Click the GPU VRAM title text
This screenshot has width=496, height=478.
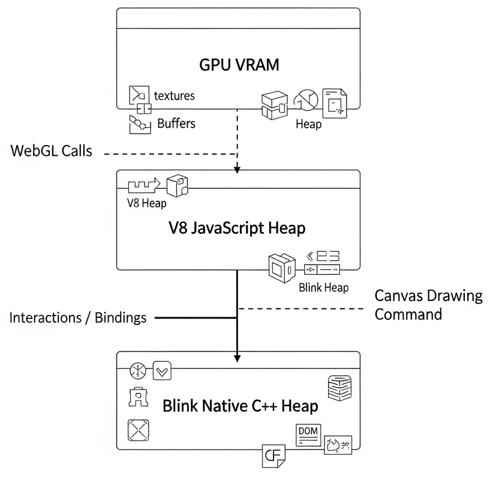pos(239,65)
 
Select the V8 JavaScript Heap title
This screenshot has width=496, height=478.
pos(238,229)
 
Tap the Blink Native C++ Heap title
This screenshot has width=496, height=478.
pos(240,406)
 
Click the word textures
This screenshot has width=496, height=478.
pos(175,95)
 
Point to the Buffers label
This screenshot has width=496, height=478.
pos(176,124)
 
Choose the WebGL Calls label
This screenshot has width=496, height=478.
pos(52,151)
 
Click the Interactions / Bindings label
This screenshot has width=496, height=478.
pos(78,317)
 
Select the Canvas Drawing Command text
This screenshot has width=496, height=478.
pos(428,305)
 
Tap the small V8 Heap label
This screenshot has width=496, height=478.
pos(146,203)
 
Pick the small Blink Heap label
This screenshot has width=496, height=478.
pos(323,287)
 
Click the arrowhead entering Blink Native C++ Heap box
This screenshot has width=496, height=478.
pos(238,358)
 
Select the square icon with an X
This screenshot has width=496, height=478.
pos(139,431)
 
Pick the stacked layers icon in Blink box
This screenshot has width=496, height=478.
pos(338,387)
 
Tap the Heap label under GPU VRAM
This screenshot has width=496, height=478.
pos(308,124)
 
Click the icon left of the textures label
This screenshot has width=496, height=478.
pos(139,96)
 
